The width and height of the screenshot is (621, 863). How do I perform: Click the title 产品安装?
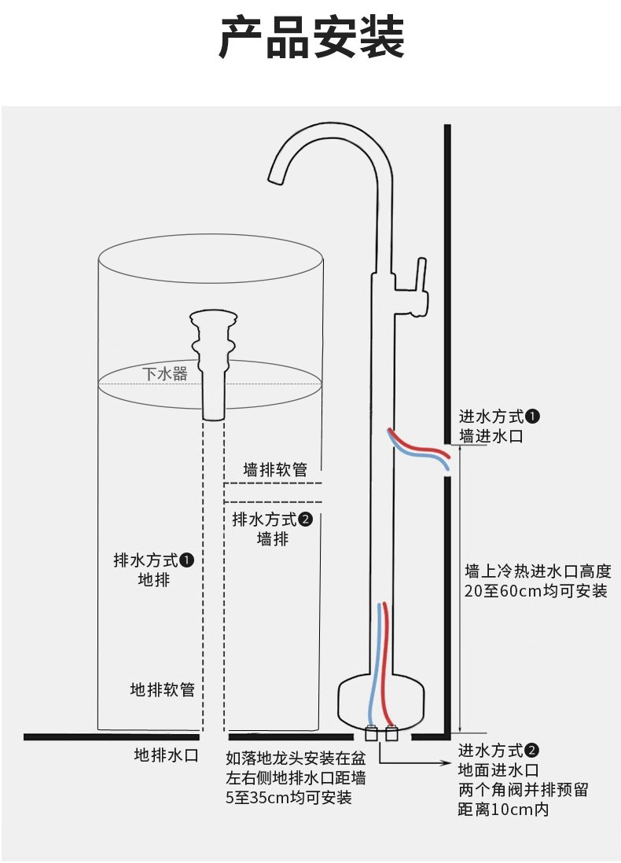pyautogui.click(x=311, y=38)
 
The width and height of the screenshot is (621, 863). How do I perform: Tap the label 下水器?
pyautogui.click(x=165, y=373)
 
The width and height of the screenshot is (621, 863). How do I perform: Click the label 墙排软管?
pyautogui.click(x=275, y=469)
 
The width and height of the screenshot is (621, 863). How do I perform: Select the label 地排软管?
pyautogui.click(x=163, y=689)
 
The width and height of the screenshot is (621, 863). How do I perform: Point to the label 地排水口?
pyautogui.click(x=167, y=755)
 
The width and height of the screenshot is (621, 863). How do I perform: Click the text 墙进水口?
pyautogui.click(x=491, y=436)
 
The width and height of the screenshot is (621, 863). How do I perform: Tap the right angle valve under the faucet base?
pyautogui.click(x=391, y=733)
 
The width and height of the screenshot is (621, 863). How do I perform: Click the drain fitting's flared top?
pyautogui.click(x=214, y=318)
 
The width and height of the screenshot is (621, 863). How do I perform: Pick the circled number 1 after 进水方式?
pyautogui.click(x=532, y=417)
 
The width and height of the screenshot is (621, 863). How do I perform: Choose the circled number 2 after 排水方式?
pyautogui.click(x=306, y=519)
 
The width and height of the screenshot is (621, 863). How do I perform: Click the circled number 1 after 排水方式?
pyautogui.click(x=187, y=560)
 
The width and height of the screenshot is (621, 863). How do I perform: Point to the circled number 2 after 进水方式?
pyautogui.click(x=532, y=750)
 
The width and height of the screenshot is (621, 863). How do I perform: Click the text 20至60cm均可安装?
pyautogui.click(x=536, y=591)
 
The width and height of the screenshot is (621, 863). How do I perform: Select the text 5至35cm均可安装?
pyautogui.click(x=288, y=798)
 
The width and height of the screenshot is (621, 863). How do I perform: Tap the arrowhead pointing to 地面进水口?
pyautogui.click(x=447, y=763)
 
